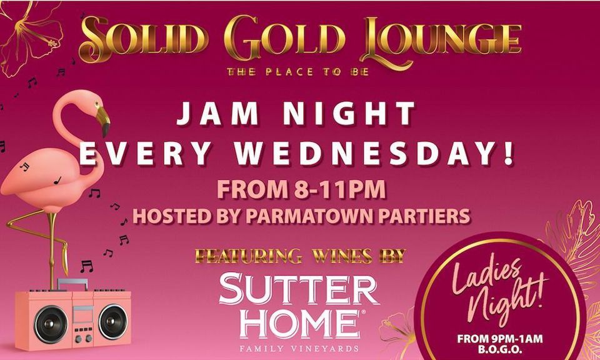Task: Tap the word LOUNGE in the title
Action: pyautogui.click(x=441, y=39)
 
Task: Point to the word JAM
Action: pyautogui.click(x=211, y=115)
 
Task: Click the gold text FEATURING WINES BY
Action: pyautogui.click(x=299, y=256)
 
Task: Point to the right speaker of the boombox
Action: pyautogui.click(x=112, y=322)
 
